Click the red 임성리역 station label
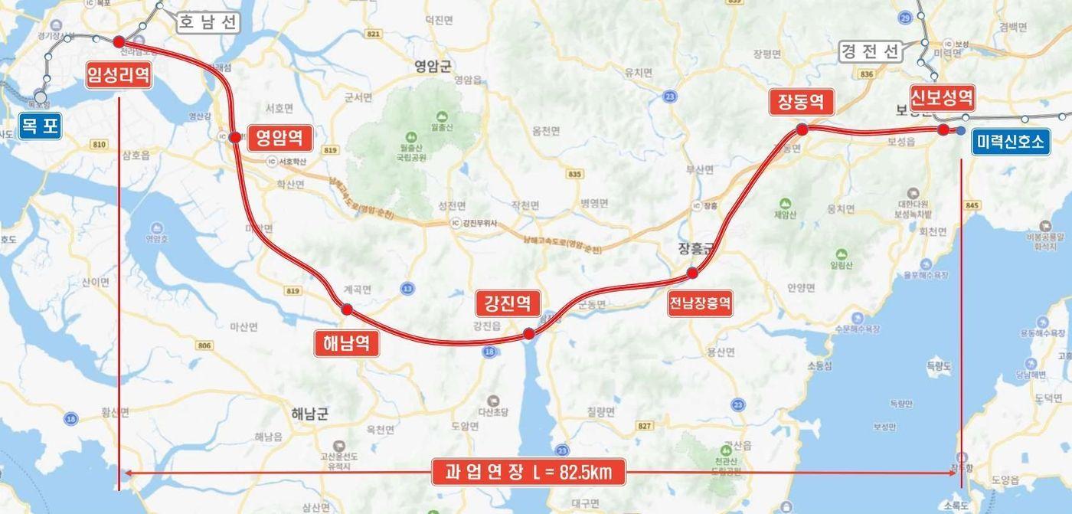(x=118, y=75)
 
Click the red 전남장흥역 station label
(x=700, y=303)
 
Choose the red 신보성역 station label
(x=942, y=97)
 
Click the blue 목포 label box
(x=40, y=126)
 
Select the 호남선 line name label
(x=208, y=22)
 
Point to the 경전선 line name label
(x=869, y=51)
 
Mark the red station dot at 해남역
(x=347, y=309)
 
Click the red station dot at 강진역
(x=528, y=334)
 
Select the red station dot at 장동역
(x=802, y=129)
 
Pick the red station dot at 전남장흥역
(x=692, y=273)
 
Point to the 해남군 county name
(x=309, y=414)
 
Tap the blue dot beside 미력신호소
(x=960, y=131)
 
